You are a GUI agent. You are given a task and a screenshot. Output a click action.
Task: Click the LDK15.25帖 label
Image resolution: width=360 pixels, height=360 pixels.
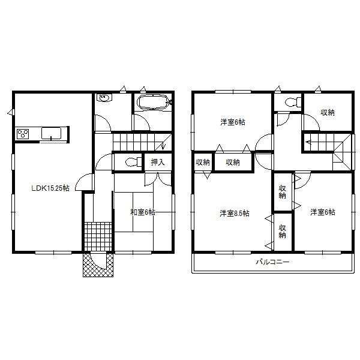click(50, 188)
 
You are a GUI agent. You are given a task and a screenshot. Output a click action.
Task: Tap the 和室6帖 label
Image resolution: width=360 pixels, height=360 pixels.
click(143, 212)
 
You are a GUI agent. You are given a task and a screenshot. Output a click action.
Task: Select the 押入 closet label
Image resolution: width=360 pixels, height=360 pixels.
click(158, 161)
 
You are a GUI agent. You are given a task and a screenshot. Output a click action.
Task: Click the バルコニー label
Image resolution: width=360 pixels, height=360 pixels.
click(272, 263)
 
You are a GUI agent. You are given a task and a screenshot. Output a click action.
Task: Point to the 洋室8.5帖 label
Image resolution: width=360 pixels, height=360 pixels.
click(235, 213)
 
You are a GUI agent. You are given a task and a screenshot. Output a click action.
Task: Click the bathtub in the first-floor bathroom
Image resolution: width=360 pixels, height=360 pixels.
click(154, 103)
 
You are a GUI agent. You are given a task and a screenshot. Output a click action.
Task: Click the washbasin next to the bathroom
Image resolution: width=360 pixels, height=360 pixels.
click(104, 98)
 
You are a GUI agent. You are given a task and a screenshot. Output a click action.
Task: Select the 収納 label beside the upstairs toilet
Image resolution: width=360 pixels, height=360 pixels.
click(327, 112)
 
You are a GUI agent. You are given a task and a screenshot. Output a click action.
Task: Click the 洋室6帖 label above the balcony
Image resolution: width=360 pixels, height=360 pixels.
click(323, 212)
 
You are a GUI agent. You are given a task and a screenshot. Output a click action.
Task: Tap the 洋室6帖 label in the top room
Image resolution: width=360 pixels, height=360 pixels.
click(232, 122)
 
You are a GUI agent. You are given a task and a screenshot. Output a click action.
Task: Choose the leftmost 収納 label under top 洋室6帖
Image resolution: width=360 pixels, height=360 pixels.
click(203, 162)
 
